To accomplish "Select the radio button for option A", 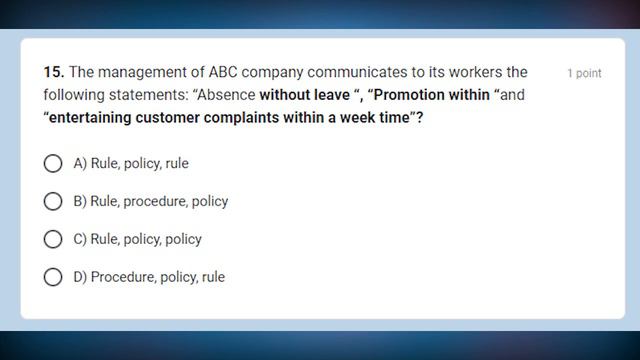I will pyautogui.click(x=53, y=163).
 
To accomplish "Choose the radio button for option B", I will pyautogui.click(x=53, y=201).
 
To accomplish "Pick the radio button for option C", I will pyautogui.click(x=53, y=239).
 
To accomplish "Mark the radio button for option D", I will pyautogui.click(x=53, y=277).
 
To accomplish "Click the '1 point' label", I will pyautogui.click(x=584, y=74).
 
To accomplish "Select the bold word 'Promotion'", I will pyautogui.click(x=410, y=96).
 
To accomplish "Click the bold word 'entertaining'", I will pyautogui.click(x=91, y=118).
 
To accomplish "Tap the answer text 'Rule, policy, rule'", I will pyautogui.click(x=139, y=163).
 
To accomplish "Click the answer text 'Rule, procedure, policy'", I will pyautogui.click(x=159, y=201).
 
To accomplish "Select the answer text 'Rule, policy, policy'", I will pyautogui.click(x=146, y=239).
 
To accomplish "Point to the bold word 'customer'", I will pyautogui.click(x=175, y=118).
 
